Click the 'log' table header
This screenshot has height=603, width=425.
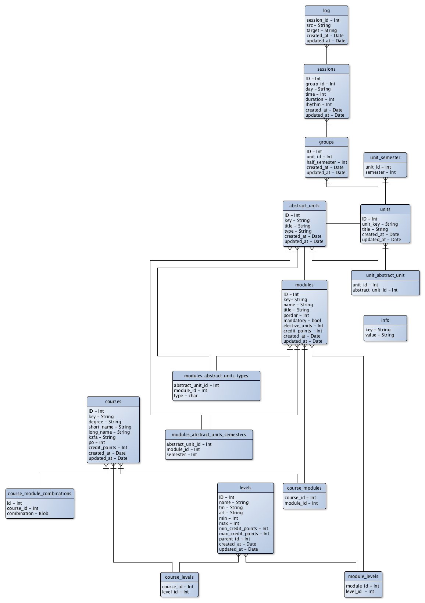326,11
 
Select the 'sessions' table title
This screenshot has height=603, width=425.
326,69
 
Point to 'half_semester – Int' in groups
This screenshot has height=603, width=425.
327,162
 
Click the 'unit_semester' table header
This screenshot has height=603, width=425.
385,158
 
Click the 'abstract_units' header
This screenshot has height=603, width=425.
304,206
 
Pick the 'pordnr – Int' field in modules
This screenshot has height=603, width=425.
296,315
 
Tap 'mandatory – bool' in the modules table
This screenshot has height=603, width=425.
302,321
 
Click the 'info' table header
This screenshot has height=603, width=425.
385,320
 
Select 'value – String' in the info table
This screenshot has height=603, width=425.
380,335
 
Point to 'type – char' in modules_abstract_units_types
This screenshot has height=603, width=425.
186,396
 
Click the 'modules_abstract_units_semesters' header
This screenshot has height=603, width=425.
209,435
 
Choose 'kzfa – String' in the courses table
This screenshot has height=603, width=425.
102,437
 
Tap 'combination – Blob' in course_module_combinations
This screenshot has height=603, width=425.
28,514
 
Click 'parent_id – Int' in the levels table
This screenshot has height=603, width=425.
235,539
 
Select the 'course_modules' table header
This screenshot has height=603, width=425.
304,488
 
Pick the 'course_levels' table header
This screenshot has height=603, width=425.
179,577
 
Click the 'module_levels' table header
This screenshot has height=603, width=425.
363,576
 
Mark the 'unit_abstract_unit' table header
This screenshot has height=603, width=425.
385,275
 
